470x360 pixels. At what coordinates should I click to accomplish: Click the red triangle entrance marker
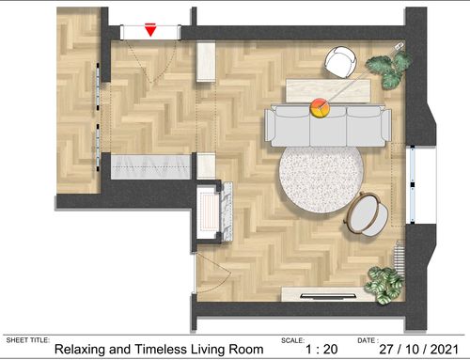coord(150,30)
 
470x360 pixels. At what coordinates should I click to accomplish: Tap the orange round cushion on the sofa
coord(320,108)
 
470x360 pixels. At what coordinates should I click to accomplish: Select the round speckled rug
coord(321,180)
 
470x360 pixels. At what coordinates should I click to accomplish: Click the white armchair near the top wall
coord(340,62)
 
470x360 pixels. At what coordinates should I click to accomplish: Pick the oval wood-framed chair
coord(366,214)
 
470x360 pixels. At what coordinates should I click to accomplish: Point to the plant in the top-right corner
coord(389,70)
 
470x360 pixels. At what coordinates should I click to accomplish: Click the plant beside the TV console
coord(384,284)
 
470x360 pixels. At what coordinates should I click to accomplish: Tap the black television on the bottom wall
coord(328,295)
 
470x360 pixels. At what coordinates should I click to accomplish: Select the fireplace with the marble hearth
coord(214,212)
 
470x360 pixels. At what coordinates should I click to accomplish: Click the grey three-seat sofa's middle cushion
coord(328,126)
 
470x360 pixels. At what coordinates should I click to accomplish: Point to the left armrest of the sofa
coord(270,125)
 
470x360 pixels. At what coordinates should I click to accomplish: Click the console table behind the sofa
coord(328,91)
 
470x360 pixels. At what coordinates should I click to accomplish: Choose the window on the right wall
coord(413,184)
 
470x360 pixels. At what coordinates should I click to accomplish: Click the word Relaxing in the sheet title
coord(79,350)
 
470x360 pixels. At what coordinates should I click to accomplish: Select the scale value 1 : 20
coord(321,349)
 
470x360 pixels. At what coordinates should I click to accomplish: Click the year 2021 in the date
coord(445,349)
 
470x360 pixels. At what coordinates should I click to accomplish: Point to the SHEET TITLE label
coord(27,340)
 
